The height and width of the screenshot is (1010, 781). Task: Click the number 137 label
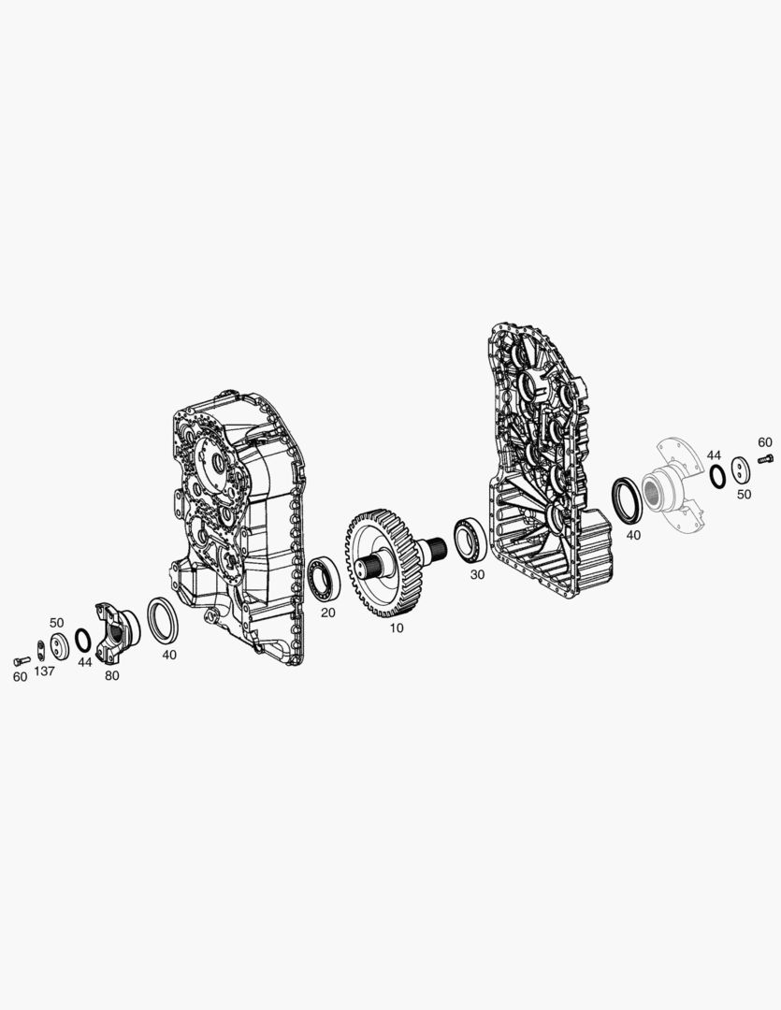tap(45, 671)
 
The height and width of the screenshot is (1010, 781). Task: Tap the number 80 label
tap(111, 676)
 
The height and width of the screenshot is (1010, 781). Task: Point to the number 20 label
tap(328, 613)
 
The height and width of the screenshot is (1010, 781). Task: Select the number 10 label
tap(397, 628)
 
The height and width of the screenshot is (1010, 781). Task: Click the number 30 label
tap(477, 574)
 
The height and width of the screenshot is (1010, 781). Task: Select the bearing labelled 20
tap(325, 578)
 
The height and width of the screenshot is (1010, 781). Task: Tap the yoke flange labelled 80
tap(117, 634)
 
